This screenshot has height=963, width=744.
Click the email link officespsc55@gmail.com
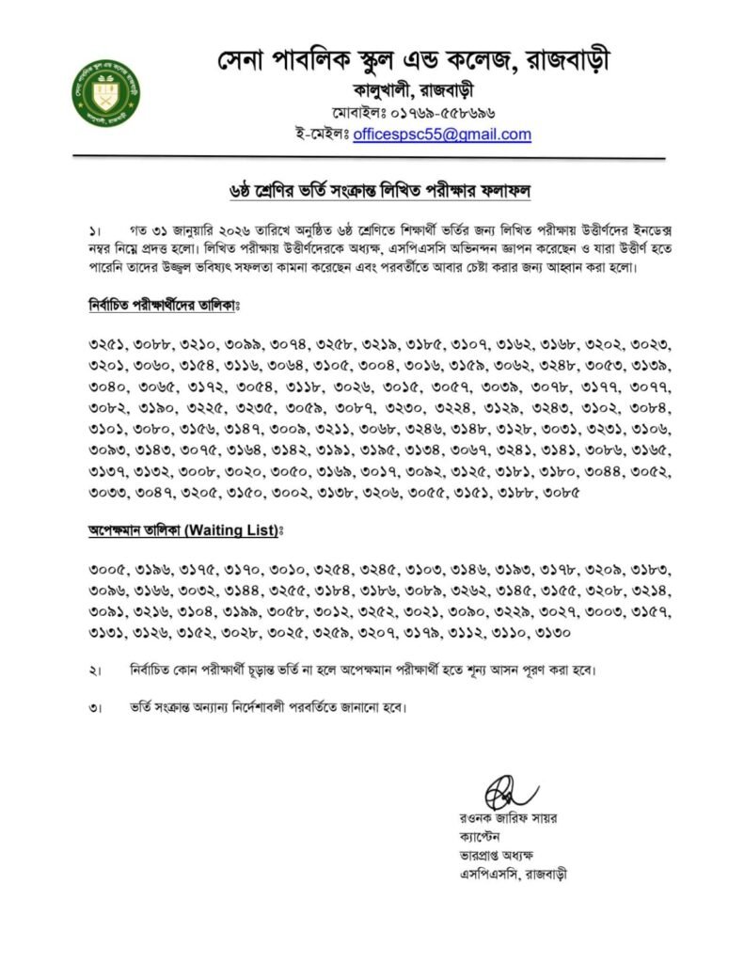[442, 134]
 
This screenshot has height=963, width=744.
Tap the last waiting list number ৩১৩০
[546, 632]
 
